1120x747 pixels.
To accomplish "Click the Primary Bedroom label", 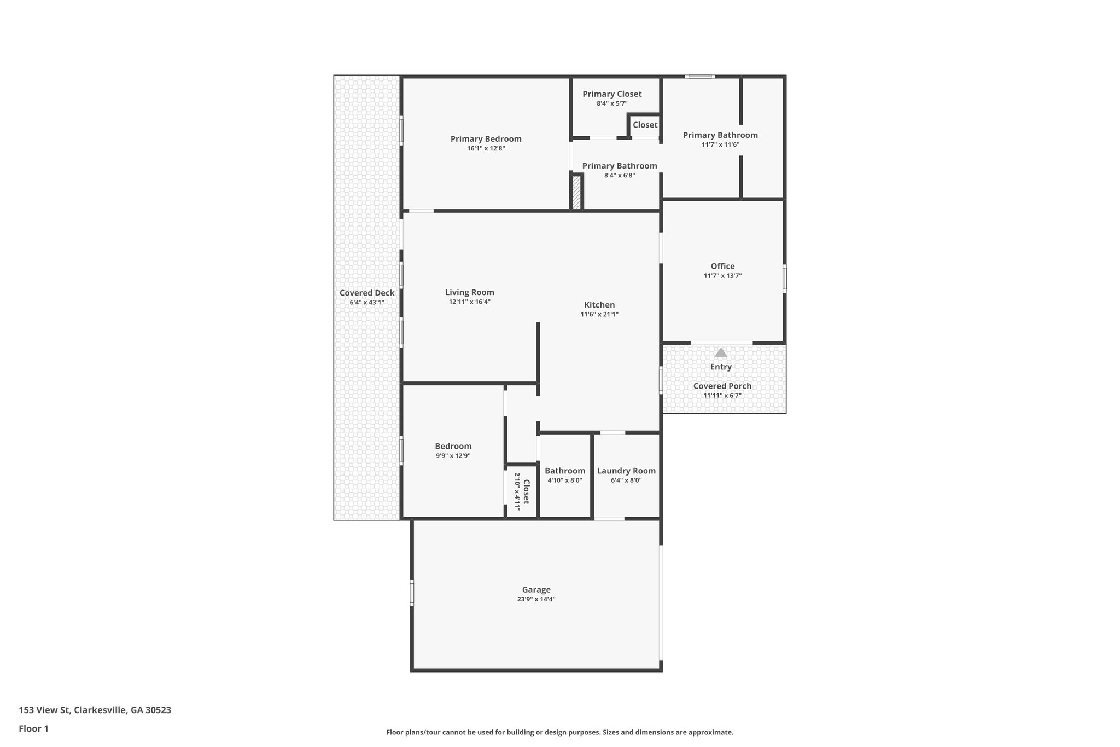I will [486, 139].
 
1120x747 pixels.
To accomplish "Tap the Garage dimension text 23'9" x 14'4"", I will [536, 599].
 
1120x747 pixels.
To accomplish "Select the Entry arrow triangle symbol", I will [721, 353].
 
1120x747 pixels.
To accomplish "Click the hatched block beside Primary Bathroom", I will [576, 192].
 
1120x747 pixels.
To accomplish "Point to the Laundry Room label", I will [626, 471].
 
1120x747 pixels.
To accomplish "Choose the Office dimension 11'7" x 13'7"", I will [722, 276].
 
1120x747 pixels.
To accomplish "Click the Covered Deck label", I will [366, 293].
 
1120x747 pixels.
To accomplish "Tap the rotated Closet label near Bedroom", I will [526, 491].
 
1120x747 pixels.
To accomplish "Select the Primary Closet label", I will [612, 94].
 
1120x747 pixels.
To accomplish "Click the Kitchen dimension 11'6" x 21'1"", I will [599, 314].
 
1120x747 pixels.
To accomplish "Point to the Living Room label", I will [469, 292].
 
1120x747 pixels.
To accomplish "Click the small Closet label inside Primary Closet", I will [645, 125].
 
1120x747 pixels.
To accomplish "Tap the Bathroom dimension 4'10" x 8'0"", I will [564, 480].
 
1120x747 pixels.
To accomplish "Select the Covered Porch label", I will [722, 386].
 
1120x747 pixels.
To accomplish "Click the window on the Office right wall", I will [784, 278].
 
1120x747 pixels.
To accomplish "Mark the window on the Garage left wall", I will [412, 593].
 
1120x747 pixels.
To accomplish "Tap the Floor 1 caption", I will [33, 728].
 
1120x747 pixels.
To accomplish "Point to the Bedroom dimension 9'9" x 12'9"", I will [453, 456].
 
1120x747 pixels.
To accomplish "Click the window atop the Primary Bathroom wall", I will [700, 77].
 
